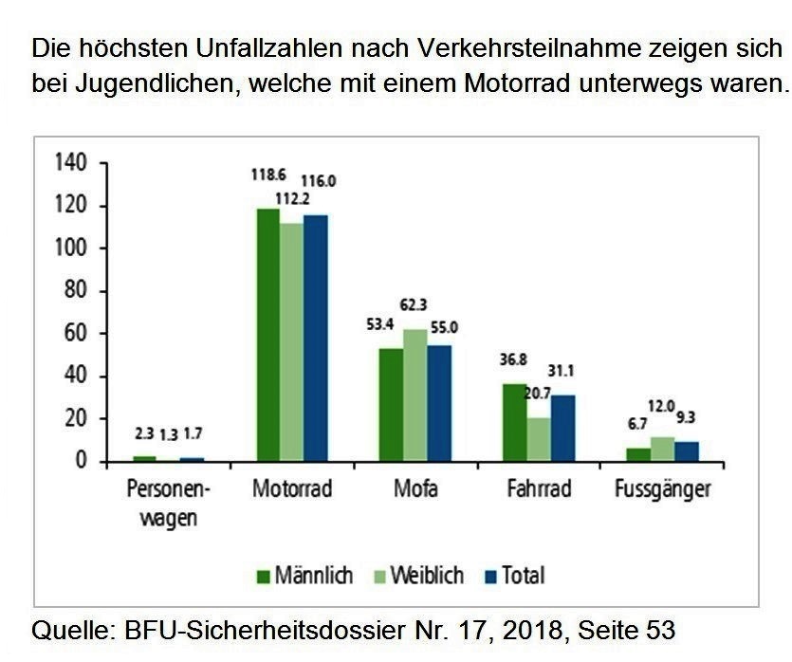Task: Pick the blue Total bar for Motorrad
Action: point(315,338)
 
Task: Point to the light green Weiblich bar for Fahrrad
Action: point(539,440)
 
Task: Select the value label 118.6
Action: point(268,175)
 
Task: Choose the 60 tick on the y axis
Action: point(76,334)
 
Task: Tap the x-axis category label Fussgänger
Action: point(662,491)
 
